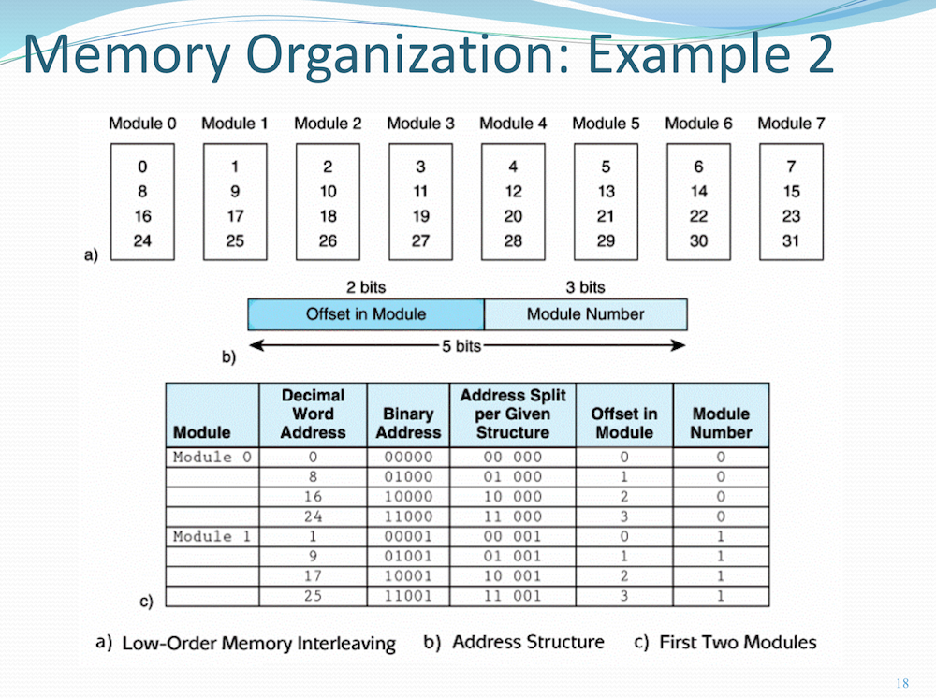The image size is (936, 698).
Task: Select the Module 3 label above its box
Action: tap(420, 124)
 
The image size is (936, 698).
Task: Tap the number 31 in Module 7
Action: tap(791, 240)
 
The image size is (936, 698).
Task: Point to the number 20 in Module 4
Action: tap(512, 216)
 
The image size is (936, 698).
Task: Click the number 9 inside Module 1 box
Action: tap(234, 192)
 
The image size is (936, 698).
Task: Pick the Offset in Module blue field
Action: tap(365, 314)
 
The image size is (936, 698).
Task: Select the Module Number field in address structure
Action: tap(585, 314)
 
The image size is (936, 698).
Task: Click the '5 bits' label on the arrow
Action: tap(461, 346)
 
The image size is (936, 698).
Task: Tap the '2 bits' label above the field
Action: tap(365, 287)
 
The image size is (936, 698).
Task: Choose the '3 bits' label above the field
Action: tap(585, 287)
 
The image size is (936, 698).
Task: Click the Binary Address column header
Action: tap(408, 423)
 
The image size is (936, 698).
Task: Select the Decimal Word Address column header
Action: tap(313, 414)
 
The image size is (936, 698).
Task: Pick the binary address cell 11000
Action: tap(408, 516)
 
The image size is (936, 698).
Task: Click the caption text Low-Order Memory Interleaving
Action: tap(258, 644)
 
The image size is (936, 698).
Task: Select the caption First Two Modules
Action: tap(738, 642)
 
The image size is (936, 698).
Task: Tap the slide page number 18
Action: tap(902, 683)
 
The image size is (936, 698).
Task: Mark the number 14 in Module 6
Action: tap(698, 192)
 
